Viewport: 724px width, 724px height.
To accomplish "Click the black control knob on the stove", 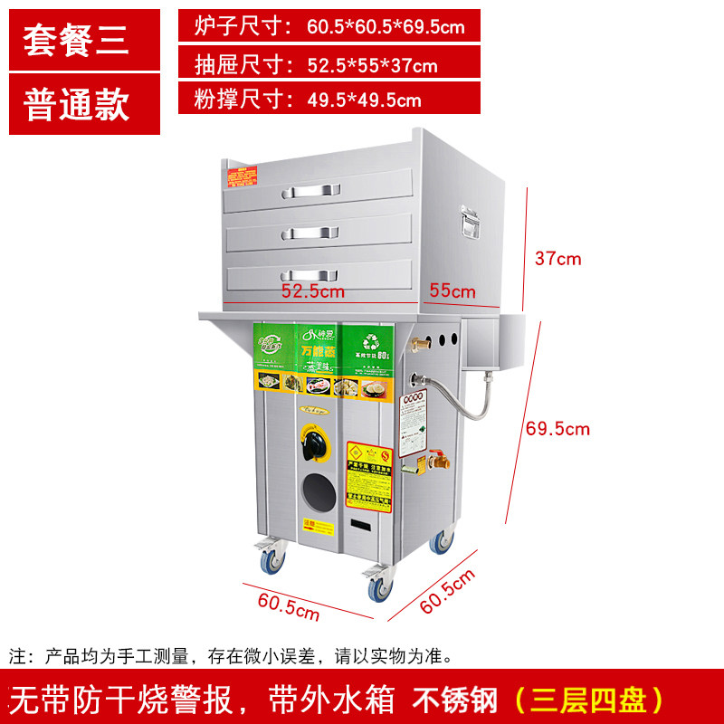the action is [x=312, y=444].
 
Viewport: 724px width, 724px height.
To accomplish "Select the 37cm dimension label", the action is [x=557, y=259].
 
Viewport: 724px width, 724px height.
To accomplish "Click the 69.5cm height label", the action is [x=557, y=428].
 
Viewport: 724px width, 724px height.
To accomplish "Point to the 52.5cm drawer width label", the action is [x=312, y=291].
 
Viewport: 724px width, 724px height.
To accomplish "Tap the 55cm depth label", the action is [x=452, y=291].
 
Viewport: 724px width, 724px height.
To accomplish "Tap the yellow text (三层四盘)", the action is [x=589, y=699].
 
